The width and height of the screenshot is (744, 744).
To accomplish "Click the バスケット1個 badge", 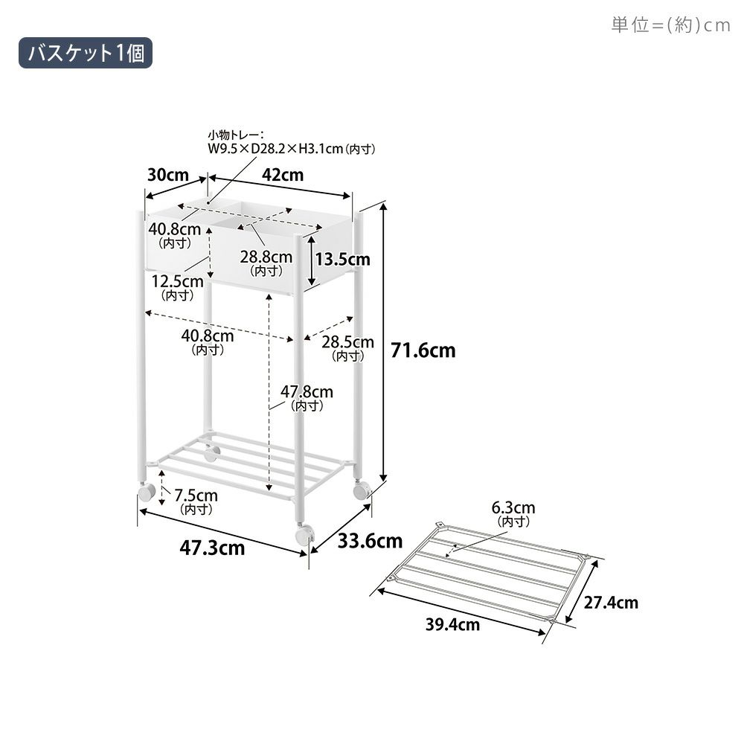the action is pyautogui.click(x=86, y=53).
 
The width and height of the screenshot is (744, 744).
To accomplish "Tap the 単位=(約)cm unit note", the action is pyautogui.click(x=670, y=25).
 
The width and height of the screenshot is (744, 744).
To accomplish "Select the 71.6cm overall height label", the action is pyautogui.click(x=423, y=350).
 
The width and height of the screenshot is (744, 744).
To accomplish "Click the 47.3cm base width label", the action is pyautogui.click(x=212, y=548).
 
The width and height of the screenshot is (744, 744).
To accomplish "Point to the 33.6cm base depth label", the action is pyautogui.click(x=370, y=541).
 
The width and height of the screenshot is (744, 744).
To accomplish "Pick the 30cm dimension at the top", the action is pyautogui.click(x=168, y=175).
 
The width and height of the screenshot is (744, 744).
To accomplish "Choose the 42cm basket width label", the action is pyautogui.click(x=283, y=175).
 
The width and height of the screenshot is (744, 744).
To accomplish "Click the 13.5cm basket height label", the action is pyautogui.click(x=342, y=260).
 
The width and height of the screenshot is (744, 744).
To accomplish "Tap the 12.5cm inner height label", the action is pyautogui.click(x=178, y=286).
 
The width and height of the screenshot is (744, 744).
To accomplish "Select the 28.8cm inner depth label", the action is pyautogui.click(x=266, y=263).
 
